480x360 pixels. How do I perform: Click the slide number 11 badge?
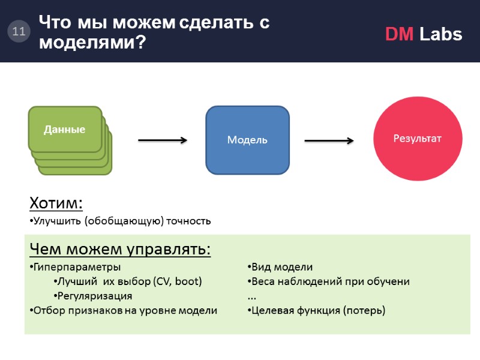(18, 32)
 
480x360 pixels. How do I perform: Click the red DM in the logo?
(399, 35)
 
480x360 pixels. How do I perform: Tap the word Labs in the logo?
(441, 35)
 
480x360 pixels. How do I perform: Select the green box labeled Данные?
(65, 129)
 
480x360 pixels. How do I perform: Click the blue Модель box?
(247, 140)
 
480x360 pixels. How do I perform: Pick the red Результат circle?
(417, 139)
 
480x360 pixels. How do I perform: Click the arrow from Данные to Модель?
(163, 140)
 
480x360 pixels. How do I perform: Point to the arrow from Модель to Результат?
(329, 140)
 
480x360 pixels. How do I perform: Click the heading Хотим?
(56, 203)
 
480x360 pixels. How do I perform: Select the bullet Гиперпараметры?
(77, 267)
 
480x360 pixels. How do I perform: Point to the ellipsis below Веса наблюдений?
(251, 297)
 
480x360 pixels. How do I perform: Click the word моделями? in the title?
(93, 43)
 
